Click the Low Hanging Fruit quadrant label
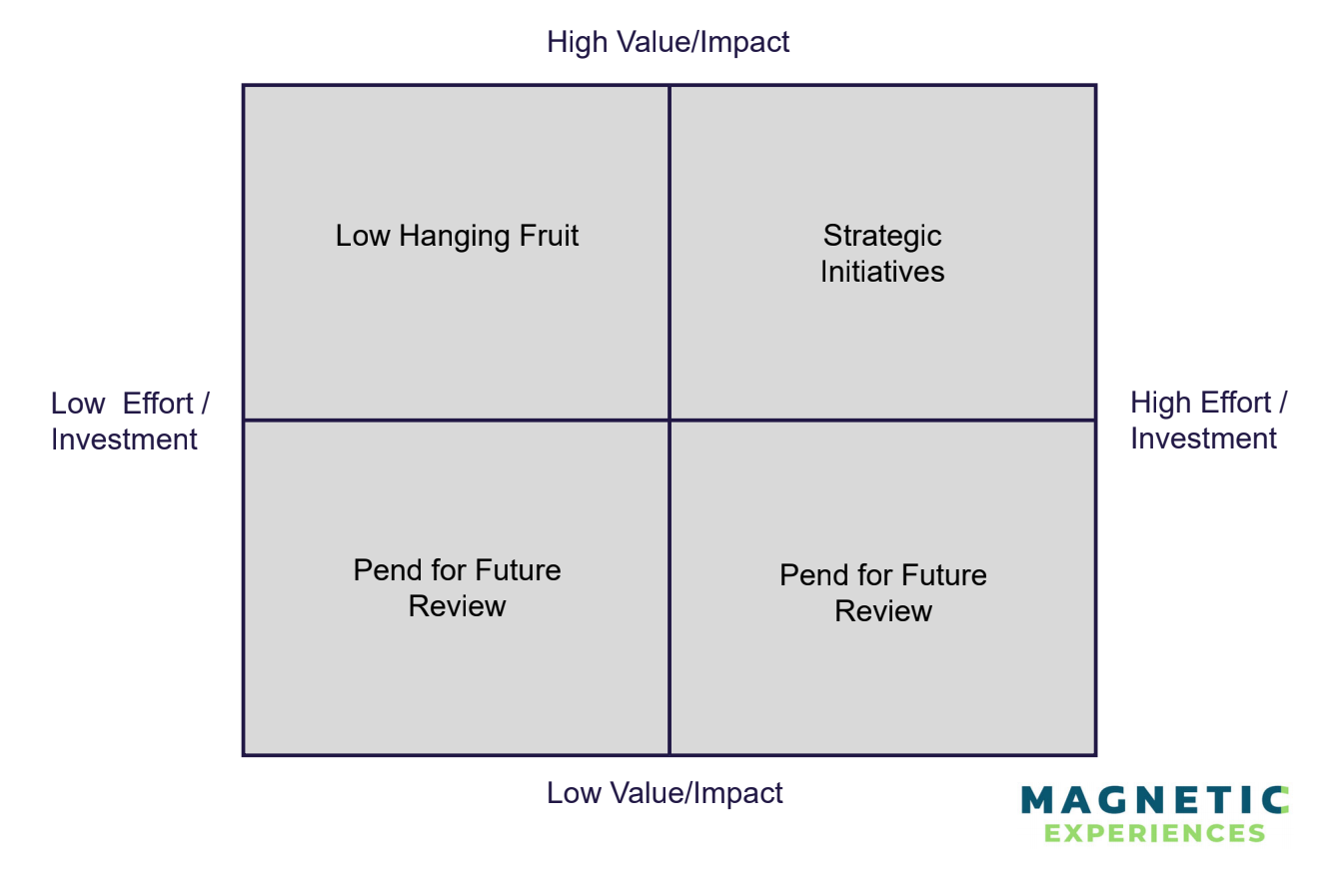[457, 236]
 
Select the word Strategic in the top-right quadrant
[882, 236]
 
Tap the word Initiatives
[882, 272]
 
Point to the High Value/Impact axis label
[667, 42]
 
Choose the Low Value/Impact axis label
[664, 793]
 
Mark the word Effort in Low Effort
[158, 404]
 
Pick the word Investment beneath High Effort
[1203, 438]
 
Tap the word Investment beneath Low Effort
[124, 439]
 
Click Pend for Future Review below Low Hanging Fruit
[457, 588]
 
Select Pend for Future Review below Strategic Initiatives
[883, 593]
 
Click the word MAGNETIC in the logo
[1154, 801]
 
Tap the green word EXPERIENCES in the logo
[1154, 832]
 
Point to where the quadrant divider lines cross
[669, 421]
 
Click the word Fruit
[549, 236]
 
